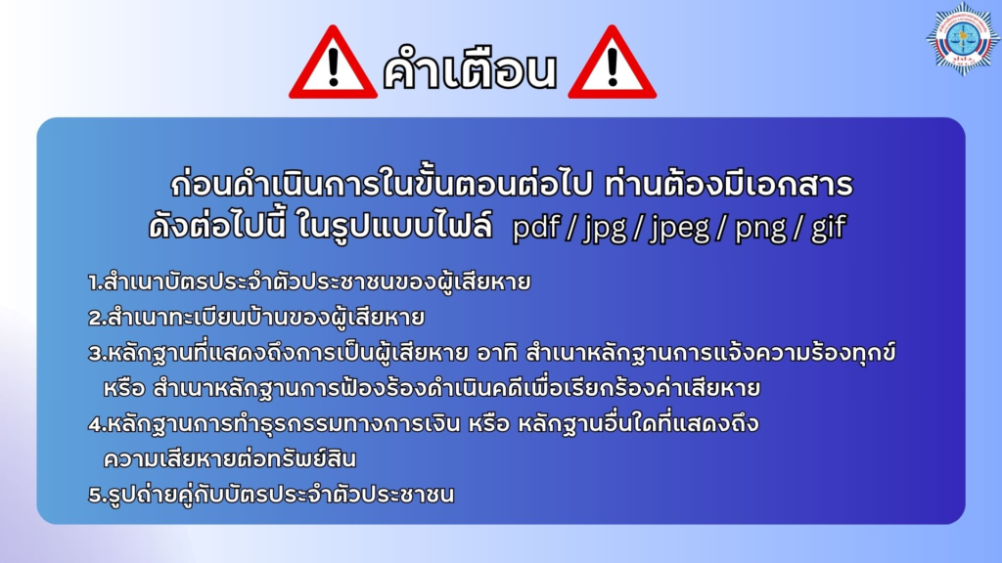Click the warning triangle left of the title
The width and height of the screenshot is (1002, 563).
(x=333, y=64)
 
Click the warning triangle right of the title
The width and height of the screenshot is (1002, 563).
(x=613, y=64)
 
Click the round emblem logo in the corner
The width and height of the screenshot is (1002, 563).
(x=963, y=39)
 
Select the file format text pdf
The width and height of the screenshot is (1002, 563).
(x=536, y=227)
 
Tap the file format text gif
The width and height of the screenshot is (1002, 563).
(x=829, y=228)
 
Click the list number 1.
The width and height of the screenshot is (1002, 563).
(x=94, y=282)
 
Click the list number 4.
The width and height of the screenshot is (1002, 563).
(x=96, y=424)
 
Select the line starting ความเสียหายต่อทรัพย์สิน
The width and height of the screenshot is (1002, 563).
(x=230, y=457)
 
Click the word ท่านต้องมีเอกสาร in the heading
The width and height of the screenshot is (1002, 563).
(x=728, y=184)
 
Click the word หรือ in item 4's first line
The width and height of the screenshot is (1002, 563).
(x=489, y=424)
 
